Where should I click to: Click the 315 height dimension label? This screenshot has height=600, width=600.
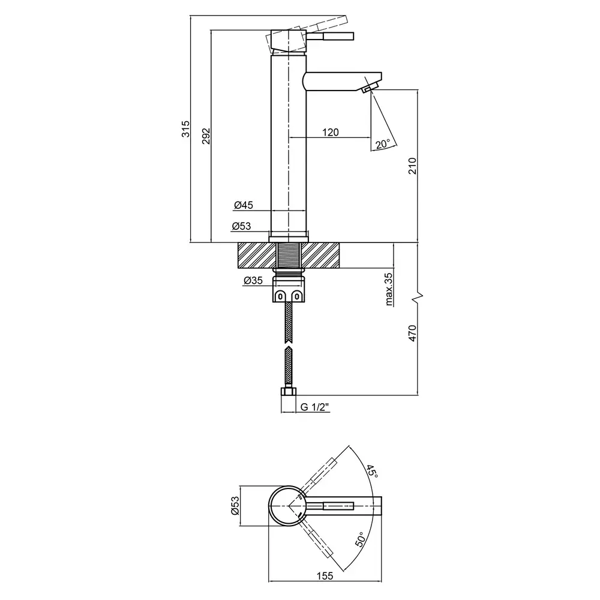click(186, 129)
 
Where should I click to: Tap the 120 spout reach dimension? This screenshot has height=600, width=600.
click(331, 132)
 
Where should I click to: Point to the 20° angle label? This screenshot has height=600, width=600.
click(383, 143)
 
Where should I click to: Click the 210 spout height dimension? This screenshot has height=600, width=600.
click(412, 165)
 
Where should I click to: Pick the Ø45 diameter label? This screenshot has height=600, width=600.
click(244, 205)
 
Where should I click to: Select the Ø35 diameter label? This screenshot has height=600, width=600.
click(254, 280)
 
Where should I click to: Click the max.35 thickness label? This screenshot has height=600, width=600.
click(389, 289)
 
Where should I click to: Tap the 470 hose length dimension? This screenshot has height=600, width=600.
click(412, 333)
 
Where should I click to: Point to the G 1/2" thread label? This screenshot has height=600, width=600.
click(315, 407)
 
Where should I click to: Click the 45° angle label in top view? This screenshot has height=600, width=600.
click(373, 472)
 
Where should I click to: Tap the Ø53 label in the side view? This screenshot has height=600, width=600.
click(242, 226)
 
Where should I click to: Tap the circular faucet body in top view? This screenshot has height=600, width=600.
click(289, 506)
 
